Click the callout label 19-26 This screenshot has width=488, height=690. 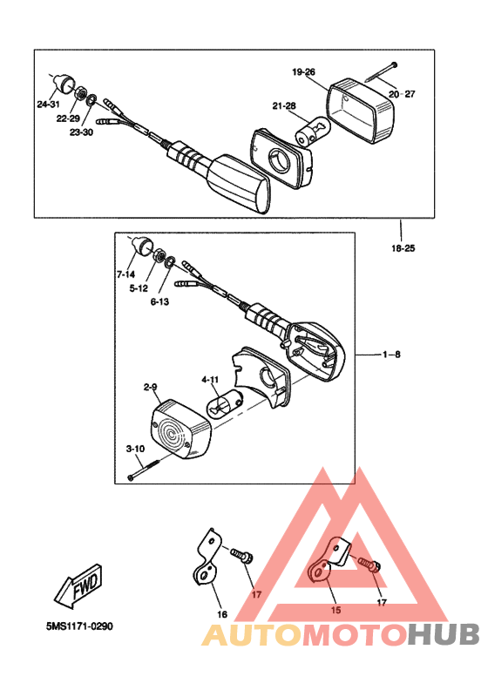303,71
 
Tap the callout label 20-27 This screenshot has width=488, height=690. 402,94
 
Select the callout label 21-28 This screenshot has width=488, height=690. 284,105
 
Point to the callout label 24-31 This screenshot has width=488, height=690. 48,105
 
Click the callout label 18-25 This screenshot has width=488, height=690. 403,248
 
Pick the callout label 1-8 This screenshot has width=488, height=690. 391,355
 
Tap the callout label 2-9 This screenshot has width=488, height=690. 150,387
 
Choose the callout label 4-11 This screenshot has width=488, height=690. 210,379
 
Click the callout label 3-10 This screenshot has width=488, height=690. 135,449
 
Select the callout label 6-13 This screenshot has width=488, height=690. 159,301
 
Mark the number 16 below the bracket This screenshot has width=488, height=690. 222,614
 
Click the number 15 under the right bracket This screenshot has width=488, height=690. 335,610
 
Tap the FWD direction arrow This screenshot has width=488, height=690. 78,586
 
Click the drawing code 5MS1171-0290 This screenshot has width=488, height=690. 79,626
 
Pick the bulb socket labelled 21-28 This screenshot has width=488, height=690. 312,132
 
